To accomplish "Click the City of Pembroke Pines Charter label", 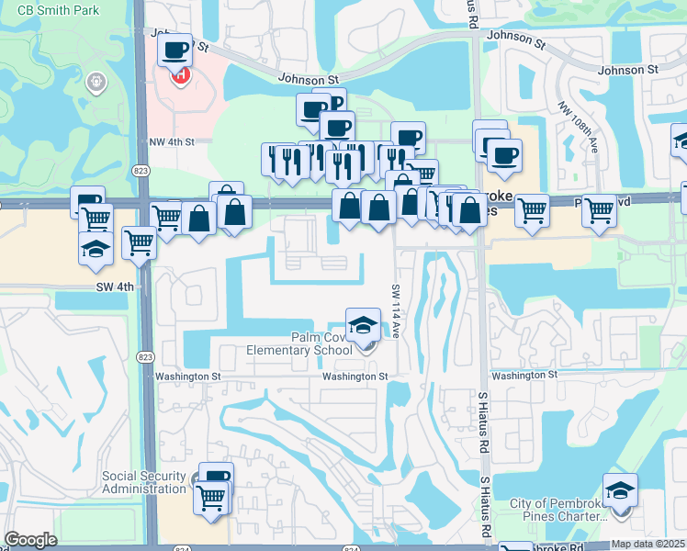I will tap(559, 509).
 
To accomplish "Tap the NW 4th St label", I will tap(173, 142).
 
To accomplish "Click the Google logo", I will tap(29, 540).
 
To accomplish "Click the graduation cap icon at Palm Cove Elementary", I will tap(363, 324).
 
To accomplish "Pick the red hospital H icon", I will tap(181, 74).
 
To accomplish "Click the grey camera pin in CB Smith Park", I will tap(94, 84).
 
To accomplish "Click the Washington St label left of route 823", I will tap(188, 377).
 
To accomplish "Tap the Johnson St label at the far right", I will tap(627, 70).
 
